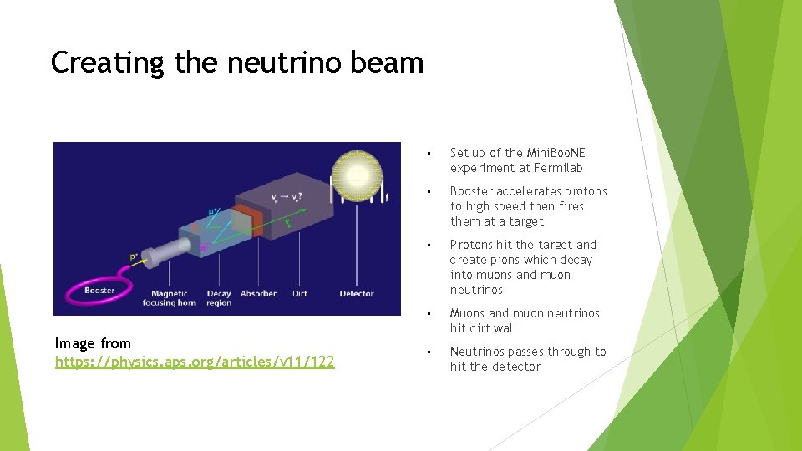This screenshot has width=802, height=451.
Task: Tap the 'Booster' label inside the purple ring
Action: click(100, 291)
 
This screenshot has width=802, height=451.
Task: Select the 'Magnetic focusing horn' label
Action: click(174, 298)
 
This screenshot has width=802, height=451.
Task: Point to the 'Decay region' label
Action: click(219, 298)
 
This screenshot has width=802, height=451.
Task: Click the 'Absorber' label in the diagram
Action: click(258, 294)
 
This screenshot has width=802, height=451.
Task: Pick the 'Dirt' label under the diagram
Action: click(300, 294)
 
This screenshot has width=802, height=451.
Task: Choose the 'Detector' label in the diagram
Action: click(357, 294)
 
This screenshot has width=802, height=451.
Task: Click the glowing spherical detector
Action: click(357, 176)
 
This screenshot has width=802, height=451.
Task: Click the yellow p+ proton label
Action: click(134, 257)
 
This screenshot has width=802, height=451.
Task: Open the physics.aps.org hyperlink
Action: click(195, 362)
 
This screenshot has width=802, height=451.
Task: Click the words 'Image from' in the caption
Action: click(93, 343)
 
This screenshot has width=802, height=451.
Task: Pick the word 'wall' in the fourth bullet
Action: click(503, 328)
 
